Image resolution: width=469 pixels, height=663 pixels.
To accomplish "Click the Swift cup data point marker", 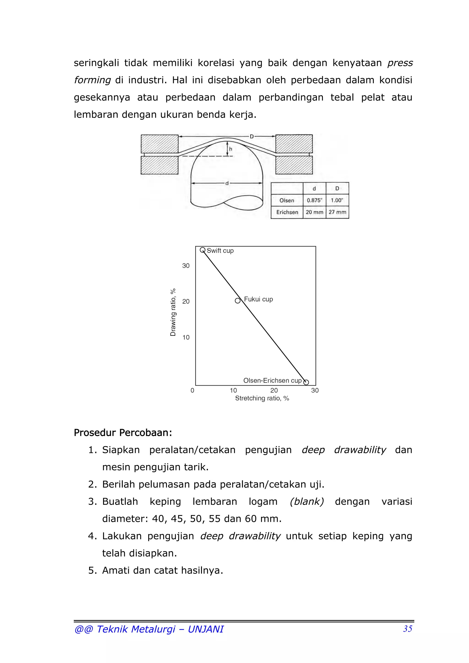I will [203, 250].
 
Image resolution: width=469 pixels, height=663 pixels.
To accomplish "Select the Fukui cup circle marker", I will [237, 301].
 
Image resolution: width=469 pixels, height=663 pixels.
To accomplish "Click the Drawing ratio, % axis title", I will [173, 312].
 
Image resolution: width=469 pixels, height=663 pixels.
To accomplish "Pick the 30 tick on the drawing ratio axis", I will [186, 266].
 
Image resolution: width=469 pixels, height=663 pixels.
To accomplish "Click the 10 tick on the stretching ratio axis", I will [233, 390].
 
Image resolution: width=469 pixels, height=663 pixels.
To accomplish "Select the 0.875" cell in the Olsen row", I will [314, 200].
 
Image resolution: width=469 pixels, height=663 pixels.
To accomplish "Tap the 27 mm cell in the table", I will [337, 212].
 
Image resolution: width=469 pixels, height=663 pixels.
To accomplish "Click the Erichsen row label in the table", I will [287, 212].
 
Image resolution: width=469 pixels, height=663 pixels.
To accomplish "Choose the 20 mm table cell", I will [314, 212].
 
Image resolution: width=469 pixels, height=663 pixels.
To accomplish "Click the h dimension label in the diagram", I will [231, 149].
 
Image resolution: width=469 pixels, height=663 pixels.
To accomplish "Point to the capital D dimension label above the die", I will [251, 136].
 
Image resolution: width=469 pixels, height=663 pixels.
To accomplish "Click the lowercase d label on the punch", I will [227, 183].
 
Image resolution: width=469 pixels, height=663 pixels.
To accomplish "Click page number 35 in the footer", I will [407, 629].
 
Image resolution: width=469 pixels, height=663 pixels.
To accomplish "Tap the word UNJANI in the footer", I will [205, 629].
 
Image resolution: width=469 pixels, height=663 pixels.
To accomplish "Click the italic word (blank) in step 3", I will [307, 501].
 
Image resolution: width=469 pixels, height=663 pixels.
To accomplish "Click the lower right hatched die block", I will [294, 165].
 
